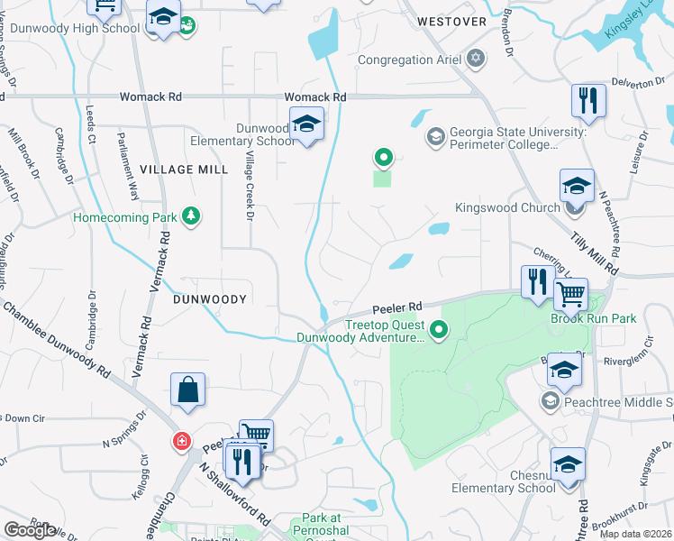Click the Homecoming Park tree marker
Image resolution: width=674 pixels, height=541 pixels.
click(x=190, y=216)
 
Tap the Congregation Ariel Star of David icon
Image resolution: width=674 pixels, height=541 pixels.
click(x=476, y=60)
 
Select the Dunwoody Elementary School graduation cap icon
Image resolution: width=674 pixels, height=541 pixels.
click(x=306, y=124)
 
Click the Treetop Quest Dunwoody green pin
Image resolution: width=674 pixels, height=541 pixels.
click(x=439, y=330)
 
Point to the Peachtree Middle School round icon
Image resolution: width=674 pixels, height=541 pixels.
click(x=549, y=399)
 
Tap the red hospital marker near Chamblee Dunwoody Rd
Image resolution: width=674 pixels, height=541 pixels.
click(x=182, y=441)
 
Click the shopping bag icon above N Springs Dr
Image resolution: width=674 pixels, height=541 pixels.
click(x=187, y=390)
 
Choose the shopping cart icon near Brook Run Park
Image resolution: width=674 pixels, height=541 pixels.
click(x=570, y=293)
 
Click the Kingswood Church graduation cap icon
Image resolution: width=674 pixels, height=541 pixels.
click(x=577, y=187)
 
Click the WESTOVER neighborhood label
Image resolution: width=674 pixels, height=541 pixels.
click(x=451, y=21)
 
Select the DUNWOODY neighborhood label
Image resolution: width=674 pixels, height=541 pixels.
click(x=210, y=298)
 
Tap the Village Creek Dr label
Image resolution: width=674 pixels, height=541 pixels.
click(x=250, y=186)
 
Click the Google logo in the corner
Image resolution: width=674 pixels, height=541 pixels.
click(x=29, y=530)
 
